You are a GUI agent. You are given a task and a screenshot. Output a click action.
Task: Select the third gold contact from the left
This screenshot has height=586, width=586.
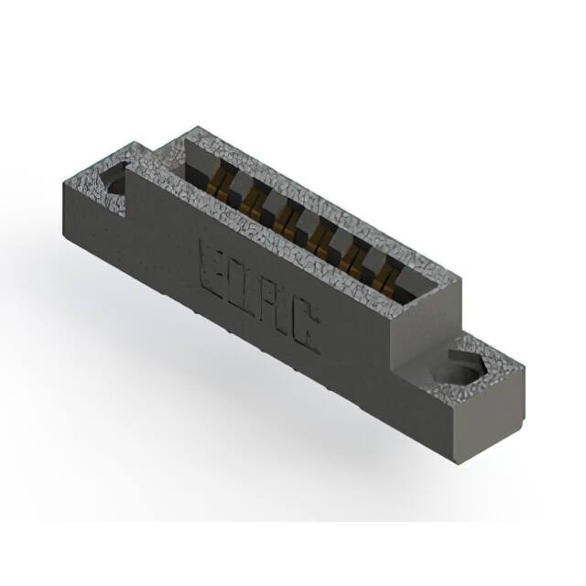click(287, 219)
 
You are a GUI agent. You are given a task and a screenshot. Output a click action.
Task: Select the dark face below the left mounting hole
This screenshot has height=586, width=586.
click(92, 220)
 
